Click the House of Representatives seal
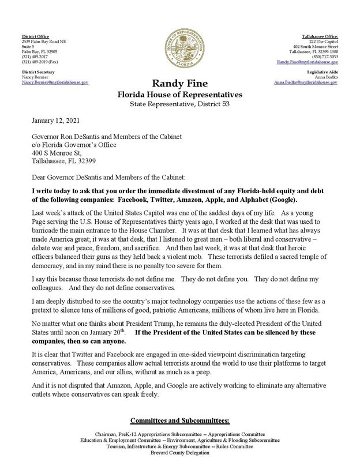[180, 51]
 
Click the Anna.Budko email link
[306, 82]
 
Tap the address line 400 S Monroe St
[51, 146]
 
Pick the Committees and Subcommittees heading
[180, 420]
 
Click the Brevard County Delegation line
[180, 453]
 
